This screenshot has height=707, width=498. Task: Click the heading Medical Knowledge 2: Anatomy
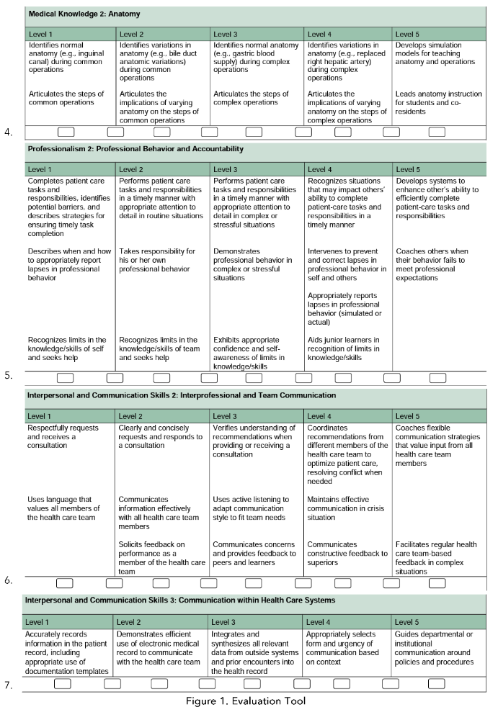[84, 14]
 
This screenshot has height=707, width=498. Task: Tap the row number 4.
[8, 132]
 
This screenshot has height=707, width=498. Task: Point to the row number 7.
[8, 685]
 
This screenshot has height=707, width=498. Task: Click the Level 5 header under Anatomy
[408, 34]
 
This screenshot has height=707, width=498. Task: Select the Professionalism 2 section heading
[135, 149]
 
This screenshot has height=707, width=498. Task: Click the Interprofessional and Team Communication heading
[181, 395]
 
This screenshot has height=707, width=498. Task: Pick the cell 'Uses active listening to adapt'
[256, 508]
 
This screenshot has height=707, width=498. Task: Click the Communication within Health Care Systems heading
[179, 600]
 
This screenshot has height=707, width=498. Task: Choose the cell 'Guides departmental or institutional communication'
[435, 644]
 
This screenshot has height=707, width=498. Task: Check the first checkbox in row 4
[66, 132]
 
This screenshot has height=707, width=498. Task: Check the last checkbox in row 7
[435, 683]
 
